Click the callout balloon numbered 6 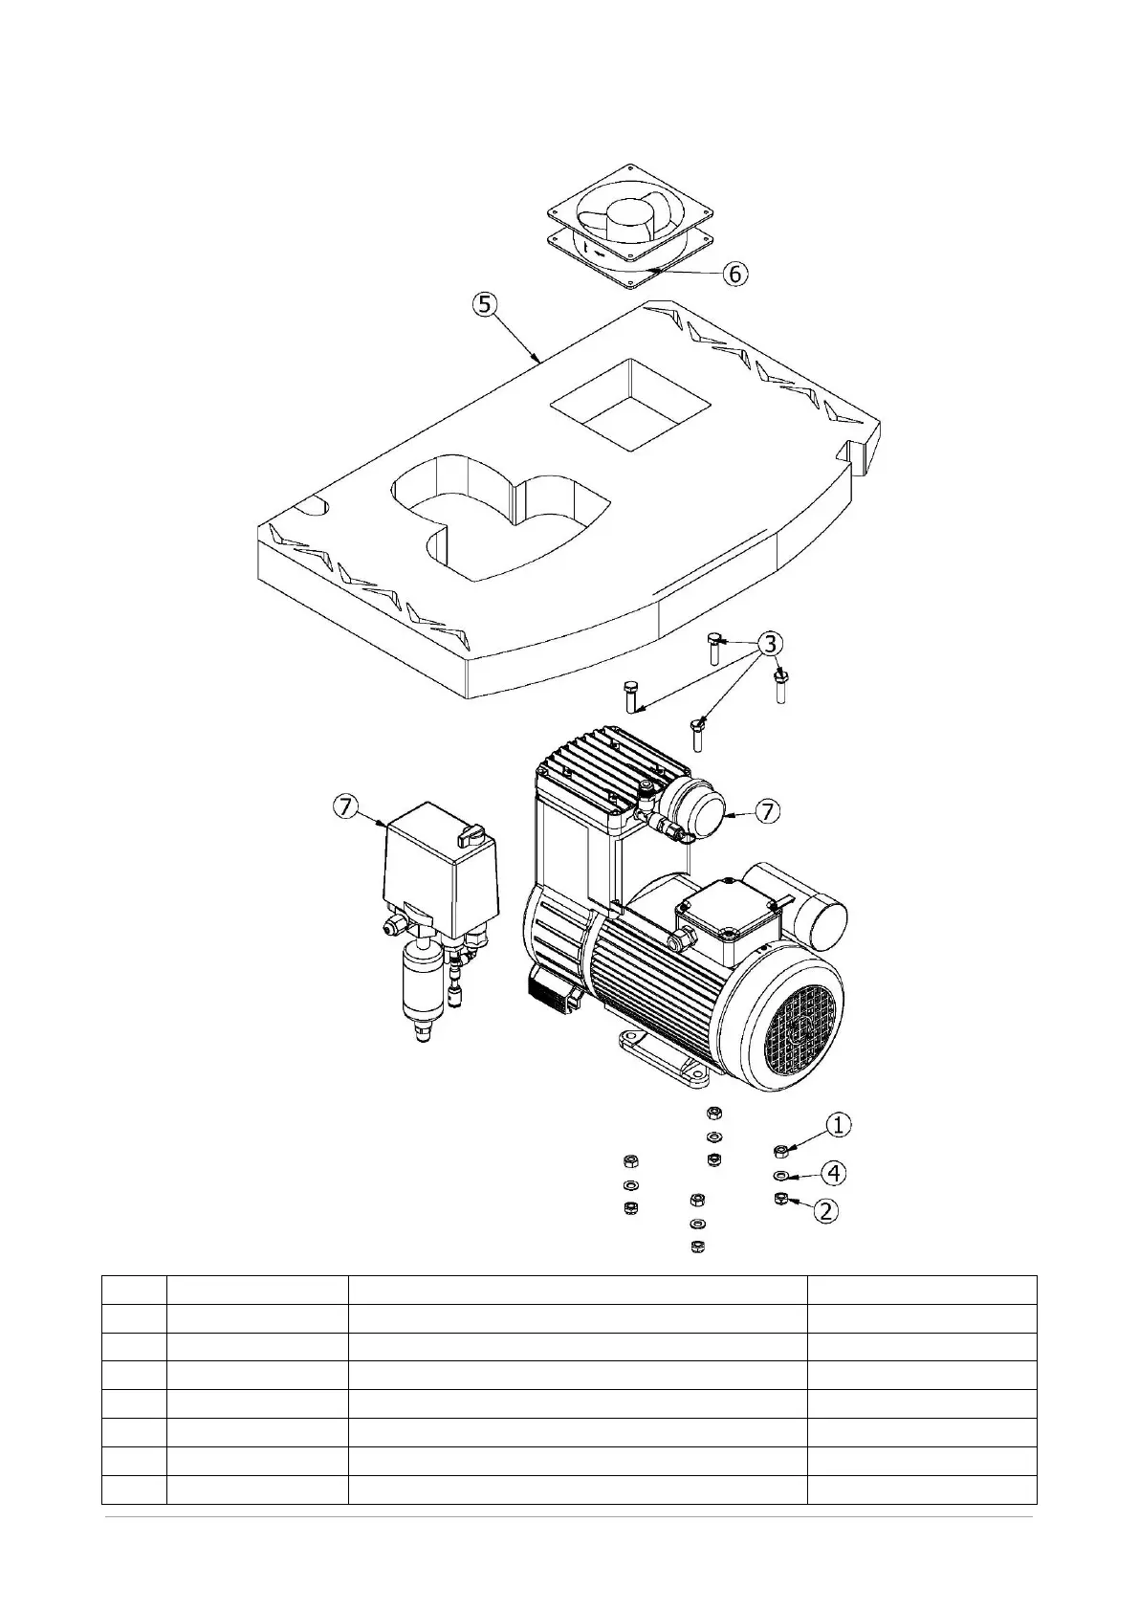(x=734, y=274)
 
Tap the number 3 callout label (x=770, y=642)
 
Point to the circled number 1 (x=838, y=1125)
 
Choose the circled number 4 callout (x=835, y=1171)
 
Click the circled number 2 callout (x=825, y=1210)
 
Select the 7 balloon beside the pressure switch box (x=345, y=807)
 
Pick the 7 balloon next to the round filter (x=767, y=811)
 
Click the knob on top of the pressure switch (x=471, y=837)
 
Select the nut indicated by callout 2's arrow (x=779, y=1200)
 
